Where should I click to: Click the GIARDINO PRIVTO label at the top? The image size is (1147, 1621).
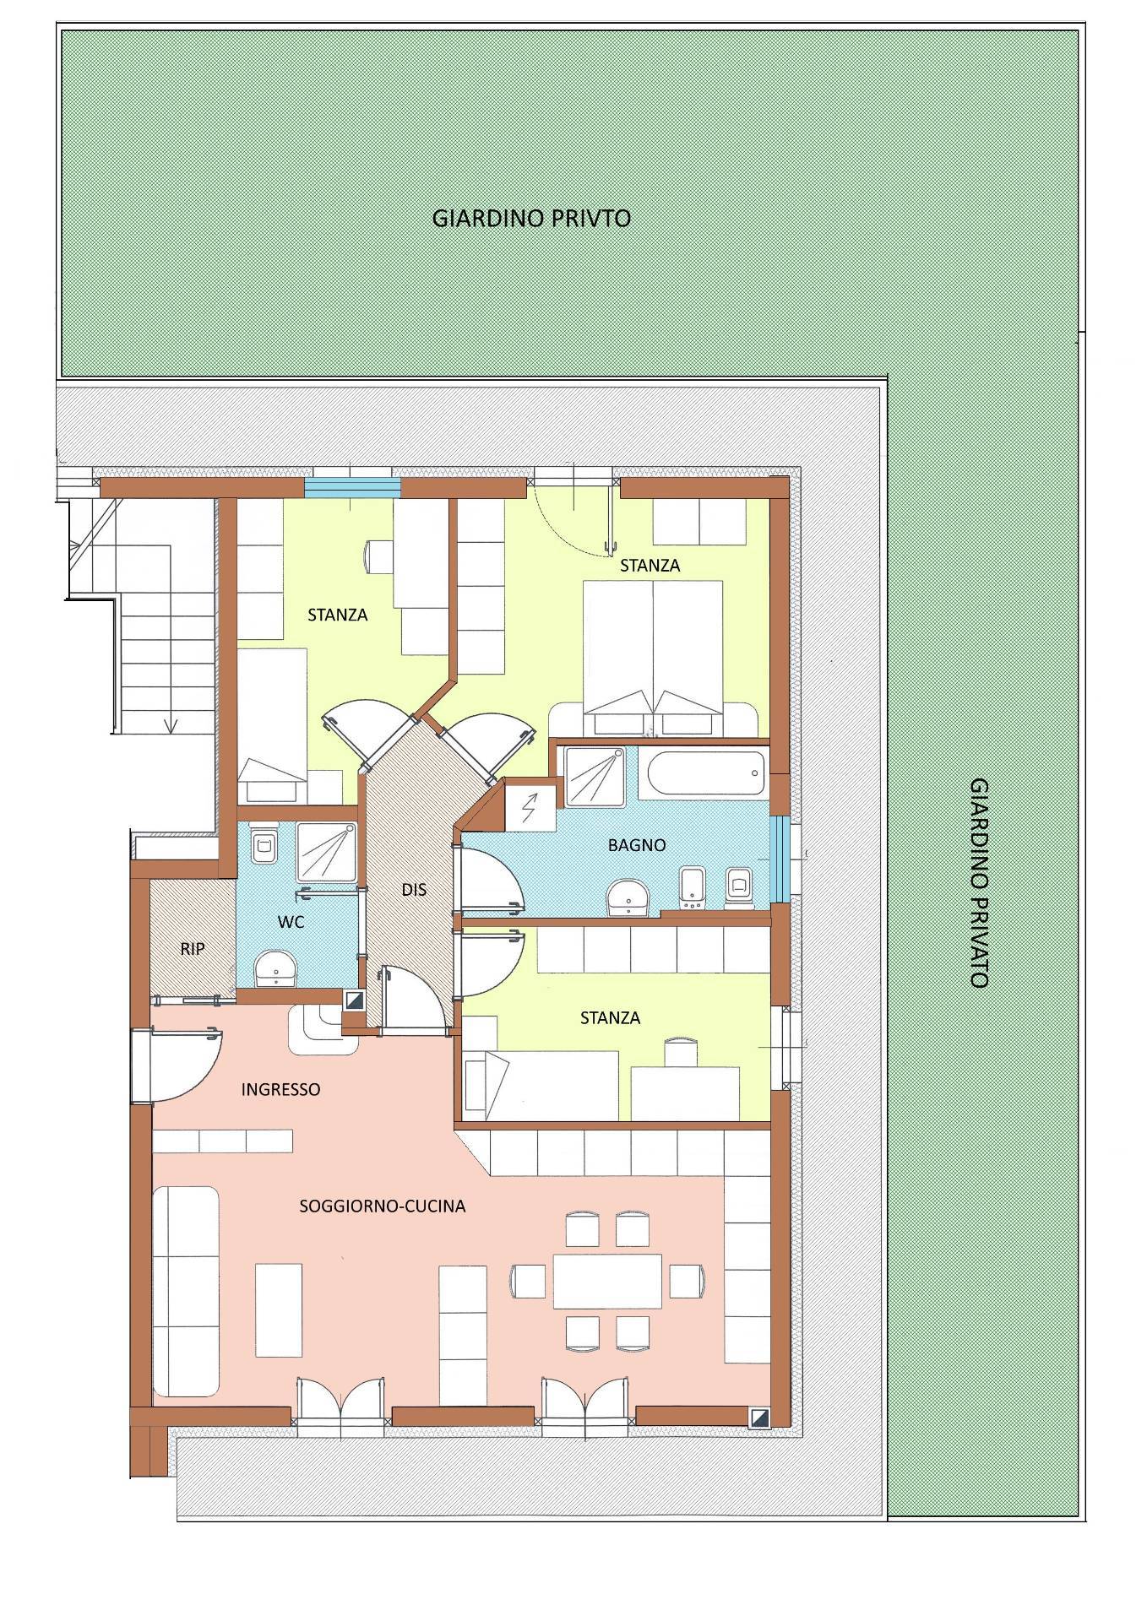(531, 218)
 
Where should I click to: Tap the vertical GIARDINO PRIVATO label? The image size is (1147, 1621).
(979, 882)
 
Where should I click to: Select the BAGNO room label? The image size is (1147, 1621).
(637, 844)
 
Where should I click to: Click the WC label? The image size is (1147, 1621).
(291, 922)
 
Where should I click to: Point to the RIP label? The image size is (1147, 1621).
(193, 949)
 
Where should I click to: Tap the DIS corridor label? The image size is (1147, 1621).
(414, 889)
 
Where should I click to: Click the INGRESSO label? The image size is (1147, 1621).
(281, 1089)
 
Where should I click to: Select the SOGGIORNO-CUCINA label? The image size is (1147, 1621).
(383, 1206)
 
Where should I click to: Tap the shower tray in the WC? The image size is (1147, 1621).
(325, 854)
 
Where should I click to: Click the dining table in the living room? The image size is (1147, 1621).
(607, 1281)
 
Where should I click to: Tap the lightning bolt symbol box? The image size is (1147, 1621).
(530, 809)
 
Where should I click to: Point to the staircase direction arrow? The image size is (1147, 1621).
(171, 723)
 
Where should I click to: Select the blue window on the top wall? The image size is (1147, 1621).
(352, 488)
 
